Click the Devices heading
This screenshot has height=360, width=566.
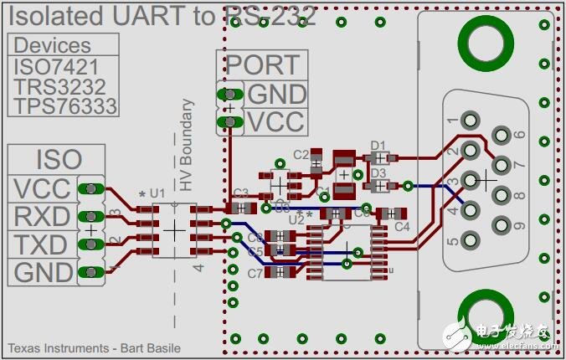[52, 45]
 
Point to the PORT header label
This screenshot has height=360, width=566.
[262, 64]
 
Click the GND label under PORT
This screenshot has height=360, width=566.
[276, 94]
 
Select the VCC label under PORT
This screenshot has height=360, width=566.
[275, 122]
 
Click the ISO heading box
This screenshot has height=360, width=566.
[59, 159]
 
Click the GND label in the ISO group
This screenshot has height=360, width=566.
[42, 273]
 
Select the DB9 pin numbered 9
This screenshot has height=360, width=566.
[501, 226]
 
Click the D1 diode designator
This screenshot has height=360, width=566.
[378, 145]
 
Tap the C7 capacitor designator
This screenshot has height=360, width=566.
[255, 273]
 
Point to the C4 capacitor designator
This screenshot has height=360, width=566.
[402, 226]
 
